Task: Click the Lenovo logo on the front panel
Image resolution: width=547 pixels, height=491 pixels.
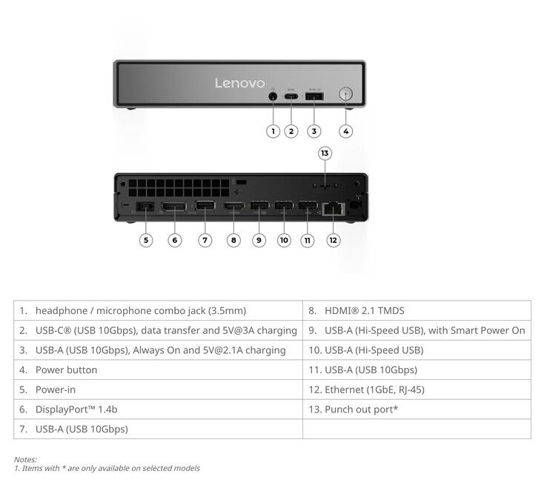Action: [239, 83]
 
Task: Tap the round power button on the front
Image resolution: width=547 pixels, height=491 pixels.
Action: [345, 94]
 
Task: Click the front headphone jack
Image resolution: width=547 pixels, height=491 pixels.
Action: [273, 96]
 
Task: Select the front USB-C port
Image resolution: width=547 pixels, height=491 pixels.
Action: [291, 96]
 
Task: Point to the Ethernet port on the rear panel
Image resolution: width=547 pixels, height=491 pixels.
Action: [334, 209]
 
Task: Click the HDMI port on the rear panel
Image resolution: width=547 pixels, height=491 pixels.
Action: [233, 207]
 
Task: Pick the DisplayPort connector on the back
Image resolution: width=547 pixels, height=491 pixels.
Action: [173, 207]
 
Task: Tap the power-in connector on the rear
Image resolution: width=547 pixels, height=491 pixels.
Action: [145, 207]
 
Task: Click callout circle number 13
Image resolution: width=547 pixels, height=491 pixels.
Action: [325, 153]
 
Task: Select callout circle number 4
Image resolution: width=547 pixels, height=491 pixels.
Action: [345, 131]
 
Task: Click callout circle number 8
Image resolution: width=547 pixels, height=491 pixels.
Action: [233, 240]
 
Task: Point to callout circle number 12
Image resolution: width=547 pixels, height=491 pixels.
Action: [333, 240]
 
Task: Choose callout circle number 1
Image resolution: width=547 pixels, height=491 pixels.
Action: [273, 131]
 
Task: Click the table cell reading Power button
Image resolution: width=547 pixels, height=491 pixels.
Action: [66, 370]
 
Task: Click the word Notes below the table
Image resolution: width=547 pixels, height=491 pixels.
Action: [25, 459]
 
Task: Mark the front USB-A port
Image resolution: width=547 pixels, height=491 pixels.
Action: [314, 96]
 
